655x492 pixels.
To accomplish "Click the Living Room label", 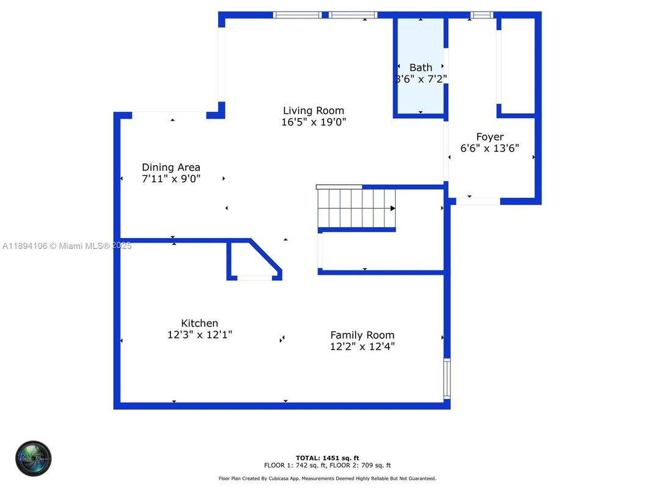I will click(x=313, y=111).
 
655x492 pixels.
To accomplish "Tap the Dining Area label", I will click(x=171, y=167).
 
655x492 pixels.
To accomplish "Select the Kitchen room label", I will click(x=199, y=323).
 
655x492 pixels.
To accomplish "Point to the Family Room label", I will click(x=362, y=335).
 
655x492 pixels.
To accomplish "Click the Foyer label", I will click(x=490, y=137).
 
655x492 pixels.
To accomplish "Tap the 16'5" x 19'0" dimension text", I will click(x=313, y=122).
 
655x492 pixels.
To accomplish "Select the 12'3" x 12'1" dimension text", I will click(x=199, y=335).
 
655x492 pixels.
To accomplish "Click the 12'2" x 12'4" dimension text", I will click(x=362, y=346).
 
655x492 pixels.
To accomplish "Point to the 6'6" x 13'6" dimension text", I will click(x=490, y=148).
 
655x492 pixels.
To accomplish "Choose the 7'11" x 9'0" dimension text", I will click(x=171, y=179).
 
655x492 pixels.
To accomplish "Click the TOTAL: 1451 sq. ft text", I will click(x=327, y=457).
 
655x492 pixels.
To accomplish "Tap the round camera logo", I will click(x=34, y=458).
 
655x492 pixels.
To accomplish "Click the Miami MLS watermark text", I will click(x=67, y=246).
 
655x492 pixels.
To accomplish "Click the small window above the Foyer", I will click(x=481, y=15).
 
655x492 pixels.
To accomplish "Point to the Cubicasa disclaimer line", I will click(x=327, y=479).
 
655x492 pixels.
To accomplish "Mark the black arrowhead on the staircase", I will click(x=393, y=209).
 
